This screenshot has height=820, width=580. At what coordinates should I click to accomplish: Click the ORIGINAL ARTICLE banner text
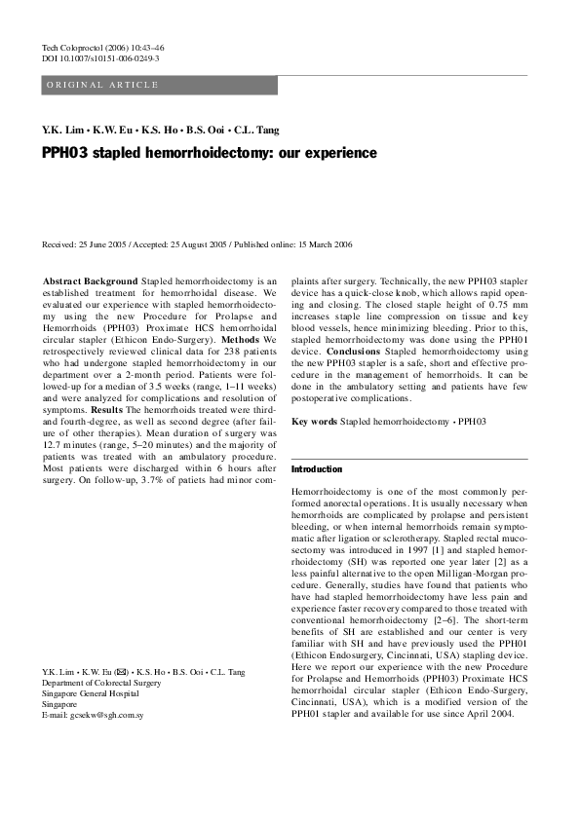[101, 86]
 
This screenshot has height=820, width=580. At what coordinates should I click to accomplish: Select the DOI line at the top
[101, 58]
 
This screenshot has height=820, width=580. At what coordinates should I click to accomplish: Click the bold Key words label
[314, 422]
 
